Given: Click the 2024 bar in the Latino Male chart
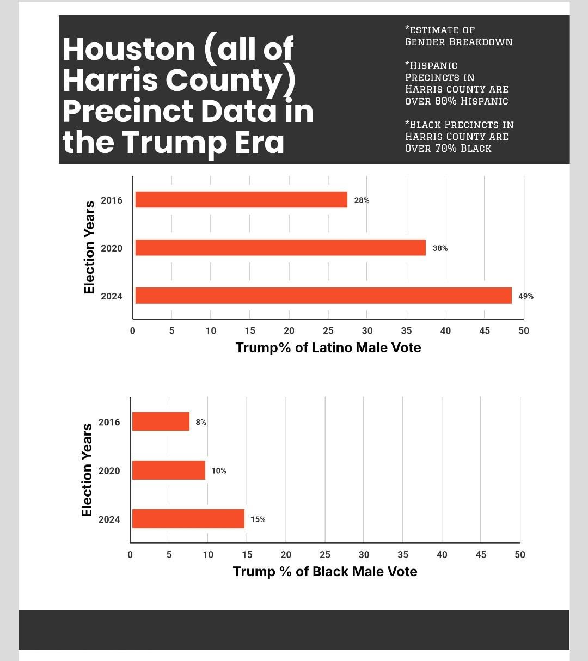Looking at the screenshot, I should coord(323,296).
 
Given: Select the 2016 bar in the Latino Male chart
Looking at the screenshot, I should coord(241,200).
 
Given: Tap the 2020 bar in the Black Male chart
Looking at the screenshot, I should coord(169,470).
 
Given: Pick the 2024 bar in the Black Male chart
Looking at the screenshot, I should coord(188,519).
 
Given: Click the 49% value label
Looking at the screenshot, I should coord(526,296).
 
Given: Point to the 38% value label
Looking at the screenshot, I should coord(440,248).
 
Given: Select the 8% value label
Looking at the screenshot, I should coord(201,422).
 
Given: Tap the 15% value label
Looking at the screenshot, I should coord(258,519).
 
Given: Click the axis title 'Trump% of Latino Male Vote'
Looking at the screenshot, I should coord(328,347).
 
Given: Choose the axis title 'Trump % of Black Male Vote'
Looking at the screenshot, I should coord(325,571).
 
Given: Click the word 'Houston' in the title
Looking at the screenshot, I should coord(128,49).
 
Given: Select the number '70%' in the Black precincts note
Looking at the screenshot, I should coord(445,149).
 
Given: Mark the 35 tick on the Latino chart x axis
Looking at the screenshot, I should coord(406,330).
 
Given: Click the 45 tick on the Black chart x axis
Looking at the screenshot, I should coord(481,554).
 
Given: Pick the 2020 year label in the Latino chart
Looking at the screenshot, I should coord(112,248).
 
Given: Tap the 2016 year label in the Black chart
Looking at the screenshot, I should coord(109,422).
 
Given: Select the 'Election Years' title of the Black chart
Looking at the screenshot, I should coord(87,470).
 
